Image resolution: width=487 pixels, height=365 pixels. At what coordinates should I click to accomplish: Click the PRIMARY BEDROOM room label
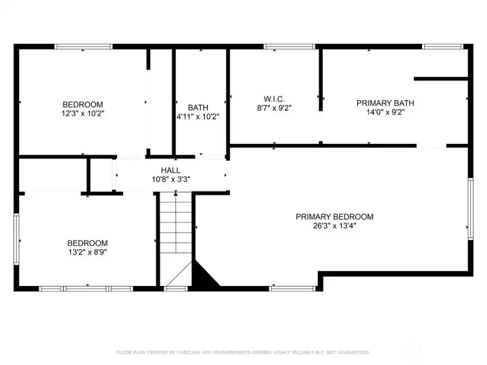tap(335, 217)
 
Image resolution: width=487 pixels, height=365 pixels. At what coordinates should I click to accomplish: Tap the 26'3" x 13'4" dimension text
tap(335, 226)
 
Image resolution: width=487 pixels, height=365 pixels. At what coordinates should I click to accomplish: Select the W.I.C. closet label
tap(274, 99)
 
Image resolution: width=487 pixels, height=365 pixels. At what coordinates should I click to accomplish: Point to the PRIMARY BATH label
tap(385, 103)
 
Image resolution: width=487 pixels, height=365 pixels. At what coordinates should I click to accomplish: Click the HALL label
tap(170, 170)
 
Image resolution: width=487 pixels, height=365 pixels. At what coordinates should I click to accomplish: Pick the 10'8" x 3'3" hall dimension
tap(171, 179)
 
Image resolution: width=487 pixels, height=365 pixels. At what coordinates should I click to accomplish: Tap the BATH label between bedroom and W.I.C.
tap(198, 107)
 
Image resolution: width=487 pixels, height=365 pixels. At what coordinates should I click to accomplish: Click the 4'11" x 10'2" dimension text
tap(198, 117)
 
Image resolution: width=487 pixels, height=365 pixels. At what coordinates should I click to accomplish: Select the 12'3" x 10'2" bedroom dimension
tap(83, 114)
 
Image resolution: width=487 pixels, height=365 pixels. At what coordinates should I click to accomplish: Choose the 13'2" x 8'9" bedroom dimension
tap(87, 252)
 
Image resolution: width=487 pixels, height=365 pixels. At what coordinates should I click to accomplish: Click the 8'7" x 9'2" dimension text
tap(274, 108)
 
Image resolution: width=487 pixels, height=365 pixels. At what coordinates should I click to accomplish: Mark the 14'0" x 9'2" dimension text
tap(385, 112)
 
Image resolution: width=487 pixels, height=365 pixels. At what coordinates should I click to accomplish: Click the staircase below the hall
tap(176, 239)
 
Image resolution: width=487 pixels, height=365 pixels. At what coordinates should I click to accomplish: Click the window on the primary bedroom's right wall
tap(471, 209)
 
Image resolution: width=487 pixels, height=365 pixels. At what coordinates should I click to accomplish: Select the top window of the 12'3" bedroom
tap(84, 47)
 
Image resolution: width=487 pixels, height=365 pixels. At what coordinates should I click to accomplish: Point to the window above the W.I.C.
tap(289, 47)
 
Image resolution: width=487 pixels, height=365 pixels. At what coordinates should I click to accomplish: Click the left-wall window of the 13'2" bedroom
tap(16, 239)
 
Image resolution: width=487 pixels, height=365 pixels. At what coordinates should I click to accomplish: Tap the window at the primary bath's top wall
tap(442, 47)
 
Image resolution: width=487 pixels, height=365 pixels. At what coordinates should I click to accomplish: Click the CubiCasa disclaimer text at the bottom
tap(243, 352)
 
